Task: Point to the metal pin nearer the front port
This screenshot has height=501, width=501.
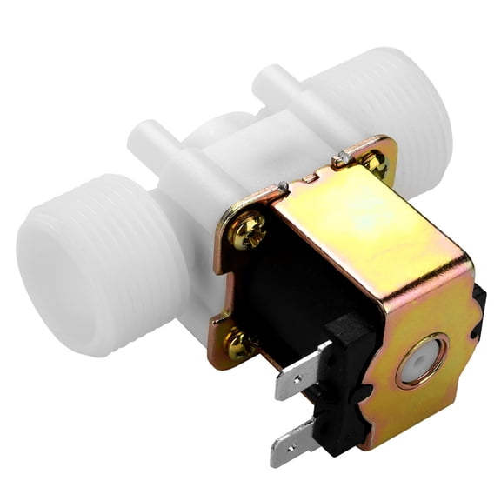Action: click(283, 185)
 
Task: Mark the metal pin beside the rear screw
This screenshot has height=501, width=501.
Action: click(342, 157)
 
